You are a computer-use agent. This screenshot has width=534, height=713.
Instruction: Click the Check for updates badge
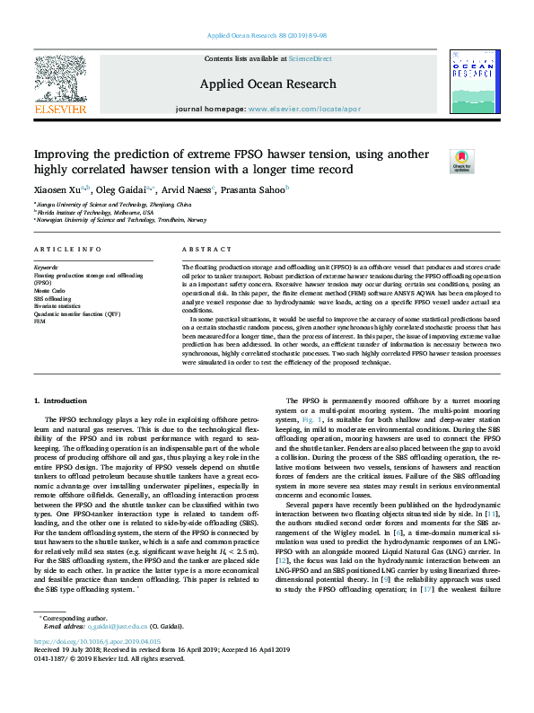coord(461,161)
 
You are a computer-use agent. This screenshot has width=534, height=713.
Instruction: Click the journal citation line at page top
coord(267,35)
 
